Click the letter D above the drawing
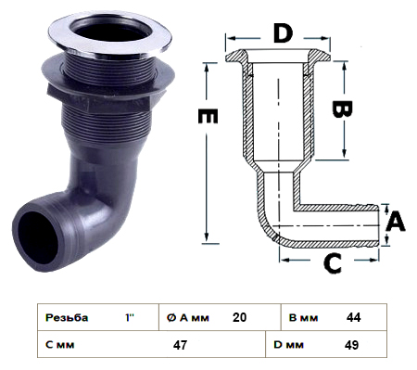283,33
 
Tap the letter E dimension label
208,116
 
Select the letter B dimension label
342,108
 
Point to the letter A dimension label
396,222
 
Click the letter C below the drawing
333,263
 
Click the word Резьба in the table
67,317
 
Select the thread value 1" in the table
130,317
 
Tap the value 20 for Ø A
239,317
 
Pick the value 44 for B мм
353,317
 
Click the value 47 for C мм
180,344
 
